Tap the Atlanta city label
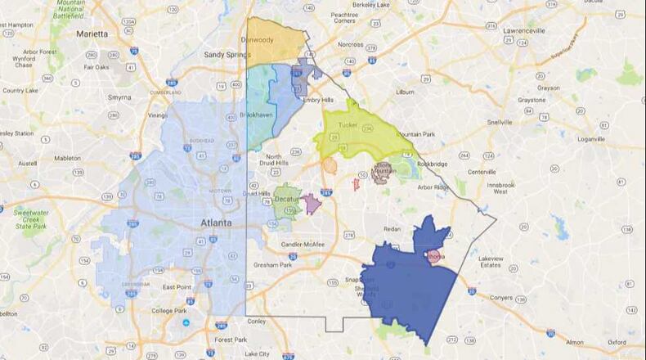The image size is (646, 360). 216,223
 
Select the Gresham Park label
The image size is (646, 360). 273,265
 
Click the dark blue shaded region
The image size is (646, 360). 409,286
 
